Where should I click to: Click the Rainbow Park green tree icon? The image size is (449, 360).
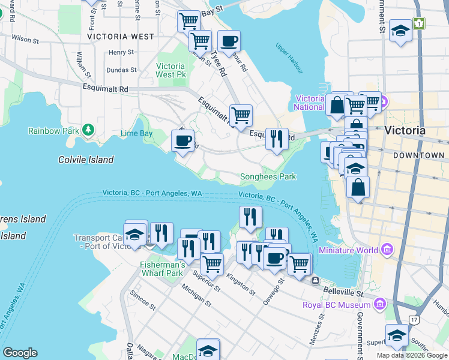(88, 130)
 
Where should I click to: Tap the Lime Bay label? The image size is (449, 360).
(136, 133)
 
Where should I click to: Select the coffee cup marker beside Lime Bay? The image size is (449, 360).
(182, 142)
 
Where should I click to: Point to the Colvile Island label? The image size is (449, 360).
(86, 160)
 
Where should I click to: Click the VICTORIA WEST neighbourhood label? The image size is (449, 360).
(121, 37)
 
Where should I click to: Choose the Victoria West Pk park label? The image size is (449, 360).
(170, 70)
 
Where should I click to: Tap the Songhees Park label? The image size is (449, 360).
(268, 177)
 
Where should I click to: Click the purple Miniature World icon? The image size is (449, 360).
(387, 250)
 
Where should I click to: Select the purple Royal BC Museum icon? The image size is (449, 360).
(379, 305)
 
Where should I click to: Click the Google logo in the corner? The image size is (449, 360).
(20, 353)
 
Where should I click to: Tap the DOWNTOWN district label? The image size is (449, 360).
(419, 155)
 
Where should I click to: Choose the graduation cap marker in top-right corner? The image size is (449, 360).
(400, 31)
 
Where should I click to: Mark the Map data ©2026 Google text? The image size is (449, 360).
(412, 355)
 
